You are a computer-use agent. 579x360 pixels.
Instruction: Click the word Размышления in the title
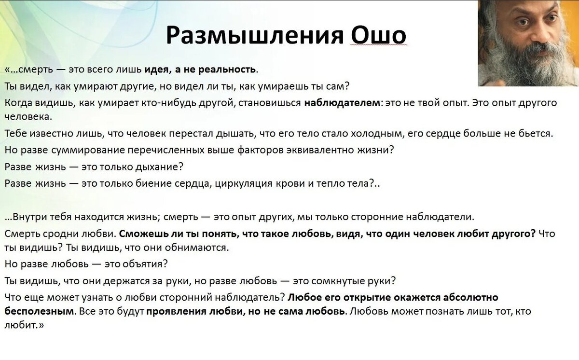point(255,36)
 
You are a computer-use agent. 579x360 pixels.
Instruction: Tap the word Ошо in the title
point(379,35)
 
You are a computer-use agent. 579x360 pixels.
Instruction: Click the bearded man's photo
point(528,43)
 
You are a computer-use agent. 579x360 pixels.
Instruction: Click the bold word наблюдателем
point(343,103)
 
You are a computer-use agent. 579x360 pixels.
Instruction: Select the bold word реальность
point(227,69)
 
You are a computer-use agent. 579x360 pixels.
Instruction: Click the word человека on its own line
point(28,117)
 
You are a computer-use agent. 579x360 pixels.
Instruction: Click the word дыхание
point(159,167)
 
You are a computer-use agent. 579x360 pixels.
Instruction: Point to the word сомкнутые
point(338,281)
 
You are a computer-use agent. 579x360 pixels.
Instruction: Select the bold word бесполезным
point(39,311)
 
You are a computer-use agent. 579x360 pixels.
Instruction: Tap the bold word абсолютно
point(470,297)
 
